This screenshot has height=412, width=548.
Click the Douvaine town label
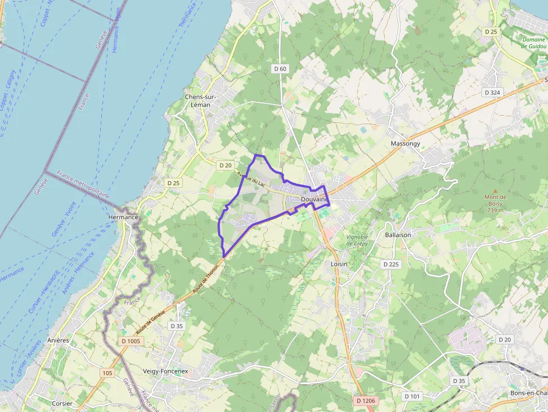point(313,199)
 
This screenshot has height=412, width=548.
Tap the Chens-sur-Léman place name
point(201,101)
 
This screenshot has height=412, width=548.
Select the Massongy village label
point(405,144)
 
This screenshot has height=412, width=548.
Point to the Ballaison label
point(398,235)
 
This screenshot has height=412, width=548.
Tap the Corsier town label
point(62,403)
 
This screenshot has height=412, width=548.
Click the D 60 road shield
point(280,68)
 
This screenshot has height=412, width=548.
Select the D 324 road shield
point(492,92)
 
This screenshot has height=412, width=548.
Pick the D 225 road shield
point(391,263)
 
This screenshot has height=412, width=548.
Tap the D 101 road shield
point(412,396)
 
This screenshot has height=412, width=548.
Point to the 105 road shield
point(107,372)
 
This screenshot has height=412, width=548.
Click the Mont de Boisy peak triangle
point(494,190)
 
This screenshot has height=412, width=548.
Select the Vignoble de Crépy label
point(357,240)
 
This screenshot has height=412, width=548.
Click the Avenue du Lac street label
point(251,179)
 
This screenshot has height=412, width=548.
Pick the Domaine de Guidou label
point(533,43)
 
